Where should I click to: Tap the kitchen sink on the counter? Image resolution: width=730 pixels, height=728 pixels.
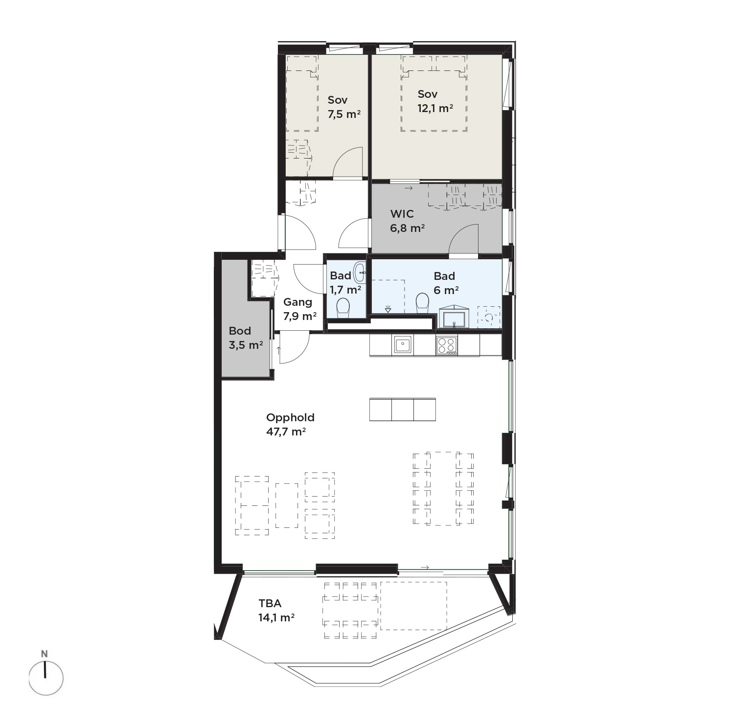click(x=403, y=345)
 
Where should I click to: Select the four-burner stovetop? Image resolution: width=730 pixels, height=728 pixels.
click(x=447, y=345)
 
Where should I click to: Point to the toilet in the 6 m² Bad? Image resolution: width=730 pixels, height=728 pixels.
click(x=422, y=303)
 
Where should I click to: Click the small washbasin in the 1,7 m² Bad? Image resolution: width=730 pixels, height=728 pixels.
click(x=360, y=273)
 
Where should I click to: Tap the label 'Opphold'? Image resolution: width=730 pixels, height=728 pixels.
click(x=290, y=418)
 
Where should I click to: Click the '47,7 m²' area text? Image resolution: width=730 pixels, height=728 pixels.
click(x=286, y=432)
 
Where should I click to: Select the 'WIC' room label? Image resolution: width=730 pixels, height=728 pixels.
click(x=402, y=214)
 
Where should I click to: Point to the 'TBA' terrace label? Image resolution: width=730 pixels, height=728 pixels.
click(x=270, y=603)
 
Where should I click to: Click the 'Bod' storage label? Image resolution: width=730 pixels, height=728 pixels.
click(x=240, y=331)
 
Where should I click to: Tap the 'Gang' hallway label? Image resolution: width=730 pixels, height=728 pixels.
click(x=297, y=302)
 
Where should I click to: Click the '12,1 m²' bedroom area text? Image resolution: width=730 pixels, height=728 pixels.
click(x=435, y=108)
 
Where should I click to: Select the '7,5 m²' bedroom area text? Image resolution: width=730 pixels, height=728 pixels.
click(x=344, y=114)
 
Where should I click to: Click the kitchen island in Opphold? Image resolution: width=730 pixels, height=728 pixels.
click(x=403, y=409)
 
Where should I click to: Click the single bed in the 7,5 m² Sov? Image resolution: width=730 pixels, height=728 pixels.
click(x=302, y=93)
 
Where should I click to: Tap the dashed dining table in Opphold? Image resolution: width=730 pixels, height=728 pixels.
click(x=443, y=489)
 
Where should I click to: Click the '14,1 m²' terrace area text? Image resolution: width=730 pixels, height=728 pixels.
click(x=276, y=617)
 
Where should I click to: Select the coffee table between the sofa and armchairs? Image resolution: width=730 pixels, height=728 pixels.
click(x=287, y=505)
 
